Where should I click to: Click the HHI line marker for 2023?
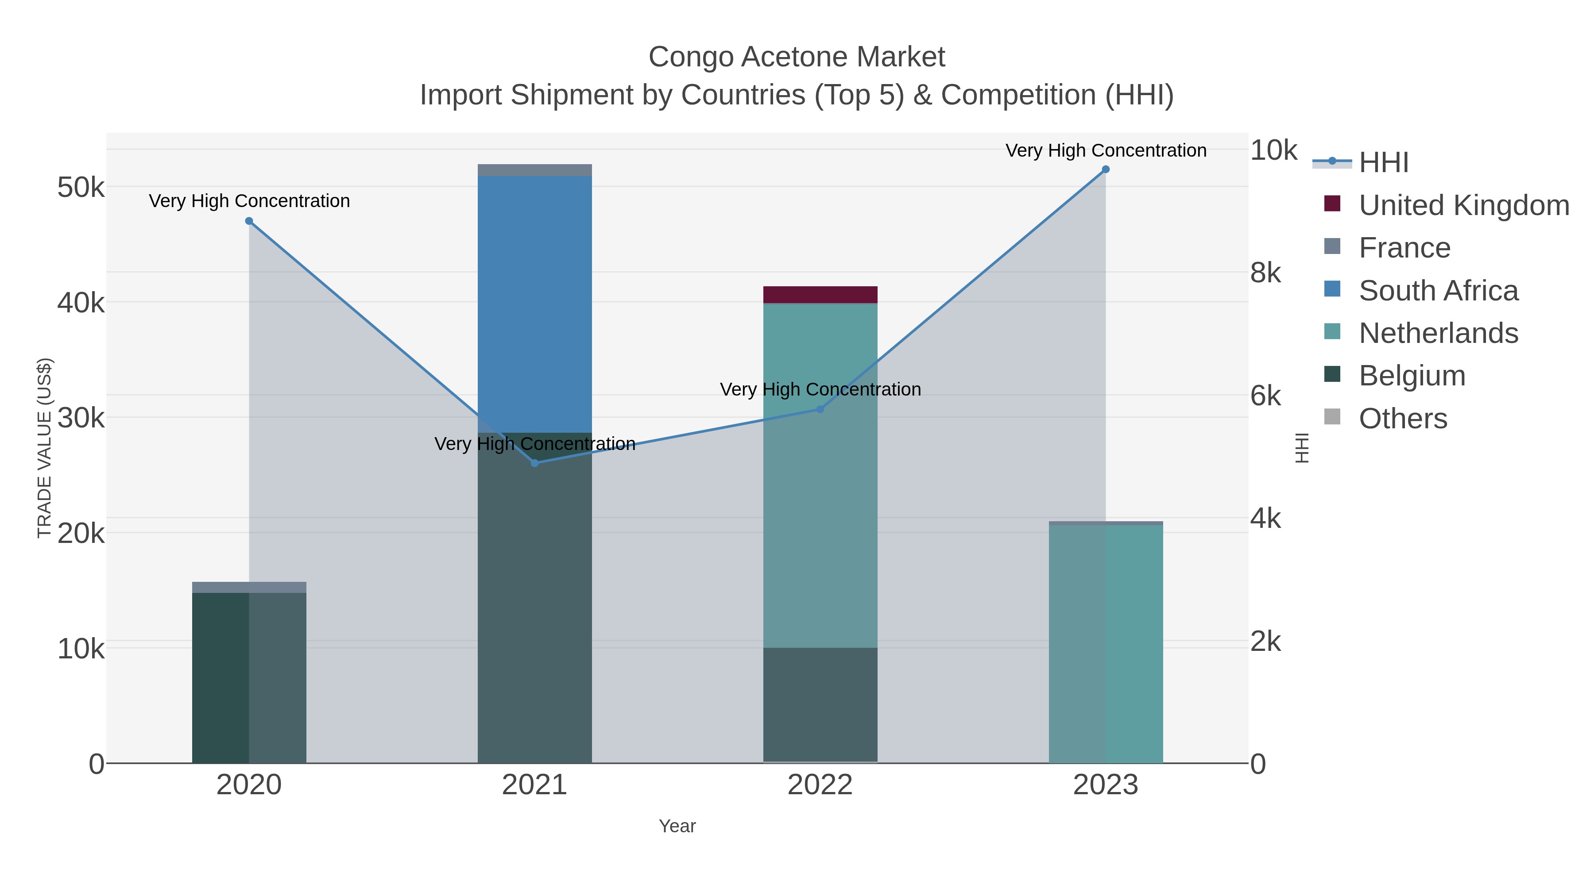[x=1105, y=169]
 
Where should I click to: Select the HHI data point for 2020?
[x=249, y=221]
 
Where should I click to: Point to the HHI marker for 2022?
[x=820, y=409]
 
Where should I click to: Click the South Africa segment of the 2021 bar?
[x=534, y=303]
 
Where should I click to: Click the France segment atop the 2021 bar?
[x=534, y=170]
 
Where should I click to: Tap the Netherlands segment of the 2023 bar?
[x=1105, y=643]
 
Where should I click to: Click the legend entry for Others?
[x=1402, y=419]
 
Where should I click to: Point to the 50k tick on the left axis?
[x=81, y=187]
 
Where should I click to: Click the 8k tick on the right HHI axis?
[x=1265, y=273]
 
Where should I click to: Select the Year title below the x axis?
[x=677, y=826]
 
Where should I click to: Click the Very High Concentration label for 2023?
[x=1105, y=150]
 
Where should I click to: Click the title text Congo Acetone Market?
[x=797, y=57]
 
